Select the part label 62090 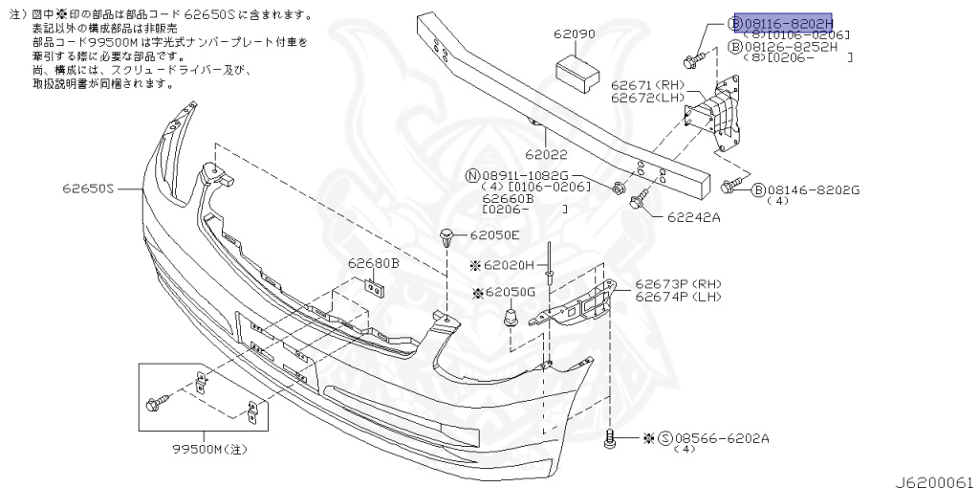[x=574, y=33]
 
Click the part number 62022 [x=545, y=153]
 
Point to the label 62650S [x=90, y=189]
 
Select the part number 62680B [x=373, y=262]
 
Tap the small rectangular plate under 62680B [x=374, y=286]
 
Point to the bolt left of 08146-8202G [x=732, y=185]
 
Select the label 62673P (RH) [x=678, y=284]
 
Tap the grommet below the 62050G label [x=511, y=318]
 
